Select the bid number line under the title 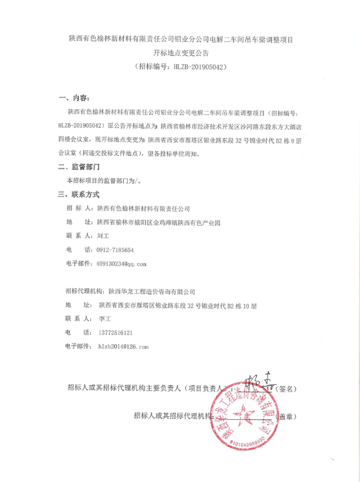click(180, 67)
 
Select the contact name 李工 click(105, 319)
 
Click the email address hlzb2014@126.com click(123, 347)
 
